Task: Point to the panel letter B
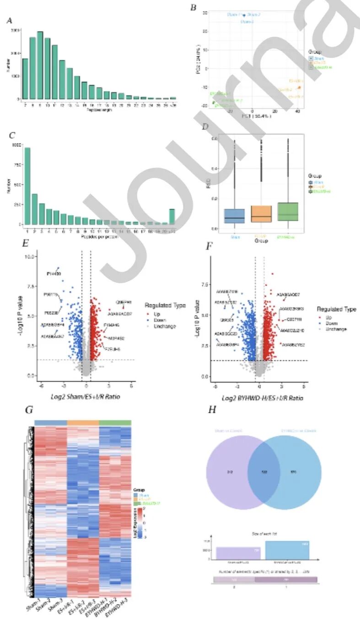(193, 8)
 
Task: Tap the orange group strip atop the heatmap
(83, 422)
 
